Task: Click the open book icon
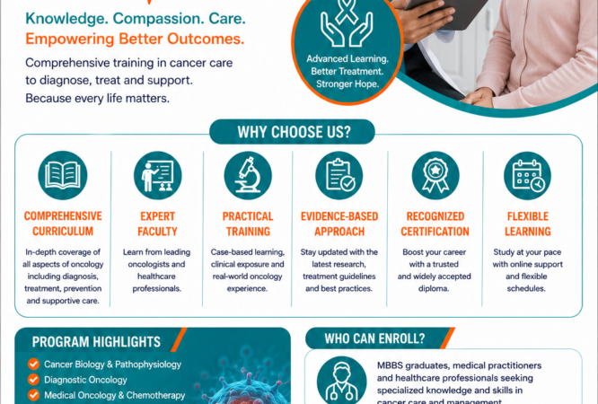(63, 175)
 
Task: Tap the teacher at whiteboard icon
(157, 175)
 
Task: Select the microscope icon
(248, 175)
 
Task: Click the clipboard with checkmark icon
(339, 175)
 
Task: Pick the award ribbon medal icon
(435, 175)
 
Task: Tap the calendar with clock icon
(527, 175)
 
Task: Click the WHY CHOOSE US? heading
(294, 132)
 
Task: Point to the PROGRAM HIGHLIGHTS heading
(96, 342)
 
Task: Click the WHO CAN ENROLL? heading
(374, 338)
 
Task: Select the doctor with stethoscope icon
(341, 381)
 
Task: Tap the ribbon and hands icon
(347, 22)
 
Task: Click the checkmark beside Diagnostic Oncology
(33, 380)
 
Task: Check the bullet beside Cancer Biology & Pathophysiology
(33, 364)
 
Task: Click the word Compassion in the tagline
(157, 18)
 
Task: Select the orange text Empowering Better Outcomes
(135, 39)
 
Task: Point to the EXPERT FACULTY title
(157, 224)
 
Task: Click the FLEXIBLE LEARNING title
(528, 224)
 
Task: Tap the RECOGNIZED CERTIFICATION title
(435, 224)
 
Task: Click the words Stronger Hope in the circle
(347, 83)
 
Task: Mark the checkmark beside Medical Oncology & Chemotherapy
(33, 395)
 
